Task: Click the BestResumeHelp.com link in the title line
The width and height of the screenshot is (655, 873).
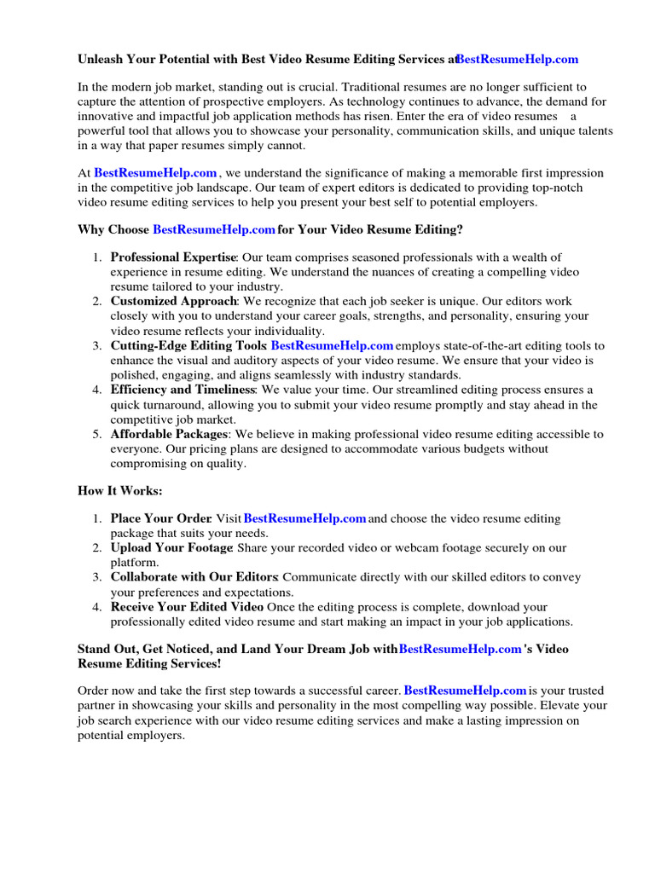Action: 517,60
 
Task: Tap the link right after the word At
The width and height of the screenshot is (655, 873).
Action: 155,173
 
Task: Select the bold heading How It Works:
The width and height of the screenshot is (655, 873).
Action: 119,492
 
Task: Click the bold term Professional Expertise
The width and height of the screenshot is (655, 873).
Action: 173,257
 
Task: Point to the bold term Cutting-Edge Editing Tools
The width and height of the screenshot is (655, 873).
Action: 188,346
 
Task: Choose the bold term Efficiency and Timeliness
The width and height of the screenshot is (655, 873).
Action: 183,390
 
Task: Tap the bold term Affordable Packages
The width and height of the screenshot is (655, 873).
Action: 169,434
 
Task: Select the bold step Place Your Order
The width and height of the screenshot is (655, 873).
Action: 160,518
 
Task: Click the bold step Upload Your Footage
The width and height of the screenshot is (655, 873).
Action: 171,548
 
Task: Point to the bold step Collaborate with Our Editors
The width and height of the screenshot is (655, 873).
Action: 194,577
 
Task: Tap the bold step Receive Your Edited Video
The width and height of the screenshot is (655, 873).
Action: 187,607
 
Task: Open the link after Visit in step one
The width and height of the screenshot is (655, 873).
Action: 304,518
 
